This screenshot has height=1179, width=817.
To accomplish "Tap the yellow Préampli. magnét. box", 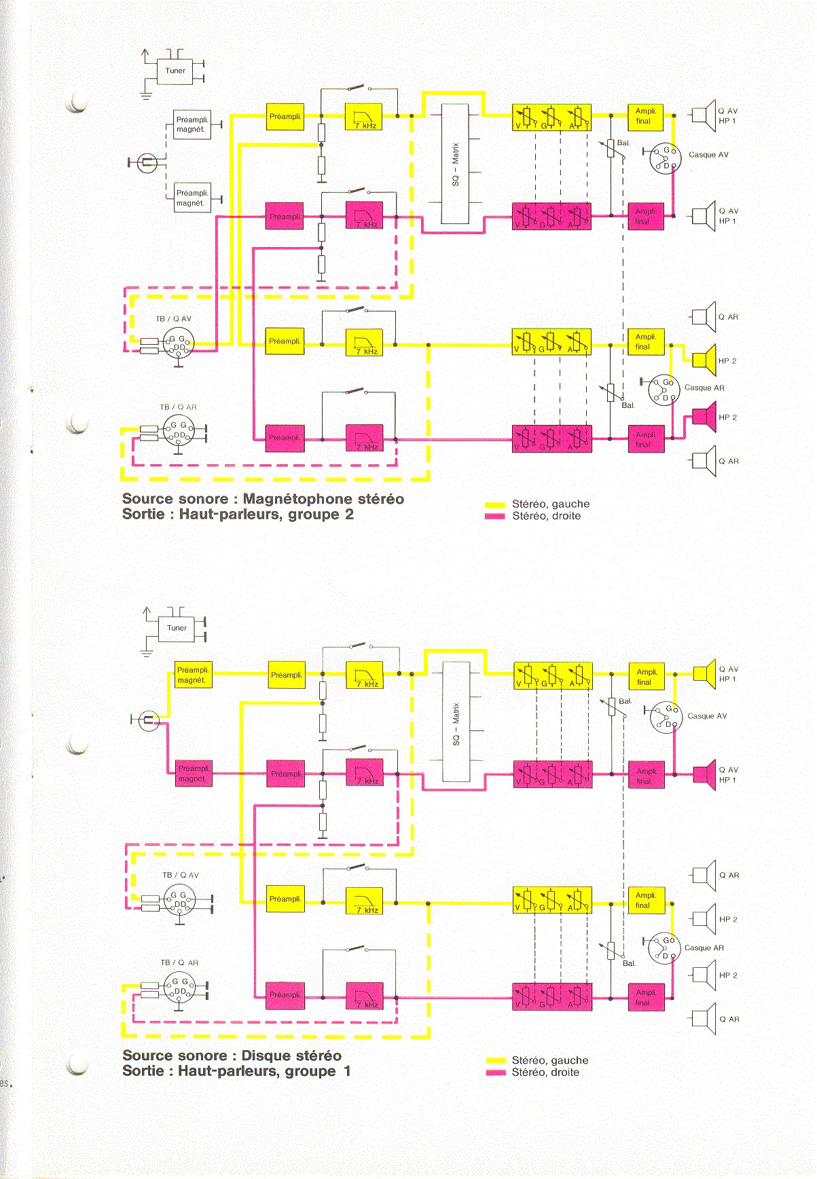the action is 193,675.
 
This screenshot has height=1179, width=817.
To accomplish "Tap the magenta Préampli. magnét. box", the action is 193,773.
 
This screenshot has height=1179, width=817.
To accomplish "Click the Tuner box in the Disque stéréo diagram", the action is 177,628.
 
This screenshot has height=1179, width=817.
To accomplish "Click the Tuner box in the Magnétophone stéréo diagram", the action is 175,70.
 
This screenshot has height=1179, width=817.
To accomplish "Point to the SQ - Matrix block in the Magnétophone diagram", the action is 455,164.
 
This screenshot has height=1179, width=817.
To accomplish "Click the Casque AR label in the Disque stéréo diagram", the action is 704,948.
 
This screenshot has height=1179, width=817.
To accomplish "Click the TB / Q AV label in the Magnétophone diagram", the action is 173,319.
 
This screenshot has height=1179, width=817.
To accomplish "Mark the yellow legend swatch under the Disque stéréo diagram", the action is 496,1060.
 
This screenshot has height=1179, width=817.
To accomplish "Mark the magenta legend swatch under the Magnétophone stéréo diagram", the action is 494,517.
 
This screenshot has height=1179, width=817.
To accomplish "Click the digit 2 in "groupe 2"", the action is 349,514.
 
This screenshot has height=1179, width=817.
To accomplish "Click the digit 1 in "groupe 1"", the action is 347,1072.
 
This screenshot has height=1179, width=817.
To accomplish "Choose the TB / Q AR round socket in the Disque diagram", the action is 179,988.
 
